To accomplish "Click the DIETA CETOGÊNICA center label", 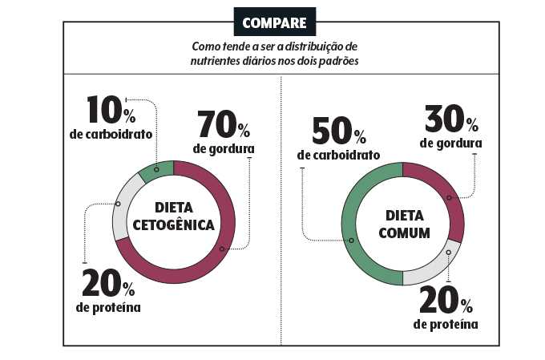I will click(173, 216).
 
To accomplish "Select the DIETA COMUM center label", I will click(402, 224).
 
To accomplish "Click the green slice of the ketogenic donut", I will click(156, 170).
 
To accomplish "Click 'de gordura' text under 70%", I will click(224, 149).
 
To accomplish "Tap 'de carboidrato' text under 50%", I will click(338, 154).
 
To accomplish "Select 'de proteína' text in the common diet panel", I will click(446, 324).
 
